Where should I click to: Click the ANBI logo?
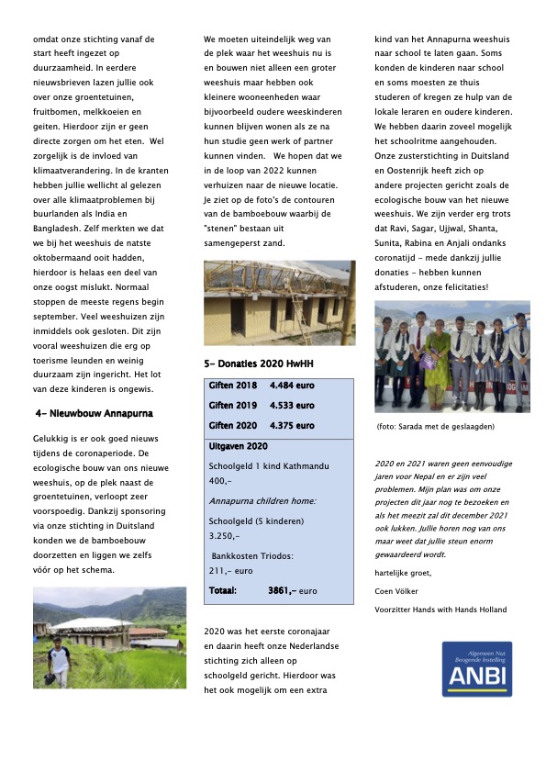(476, 670)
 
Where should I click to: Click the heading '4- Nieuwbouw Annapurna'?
(93, 414)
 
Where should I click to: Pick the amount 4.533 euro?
(291, 405)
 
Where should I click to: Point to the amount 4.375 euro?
(291, 426)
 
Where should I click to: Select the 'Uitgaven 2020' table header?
(239, 446)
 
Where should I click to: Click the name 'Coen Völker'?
(396, 591)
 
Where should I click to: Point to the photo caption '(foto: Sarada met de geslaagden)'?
(436, 427)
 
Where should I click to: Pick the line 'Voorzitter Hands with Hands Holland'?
(440, 610)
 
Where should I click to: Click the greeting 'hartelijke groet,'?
(405, 572)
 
